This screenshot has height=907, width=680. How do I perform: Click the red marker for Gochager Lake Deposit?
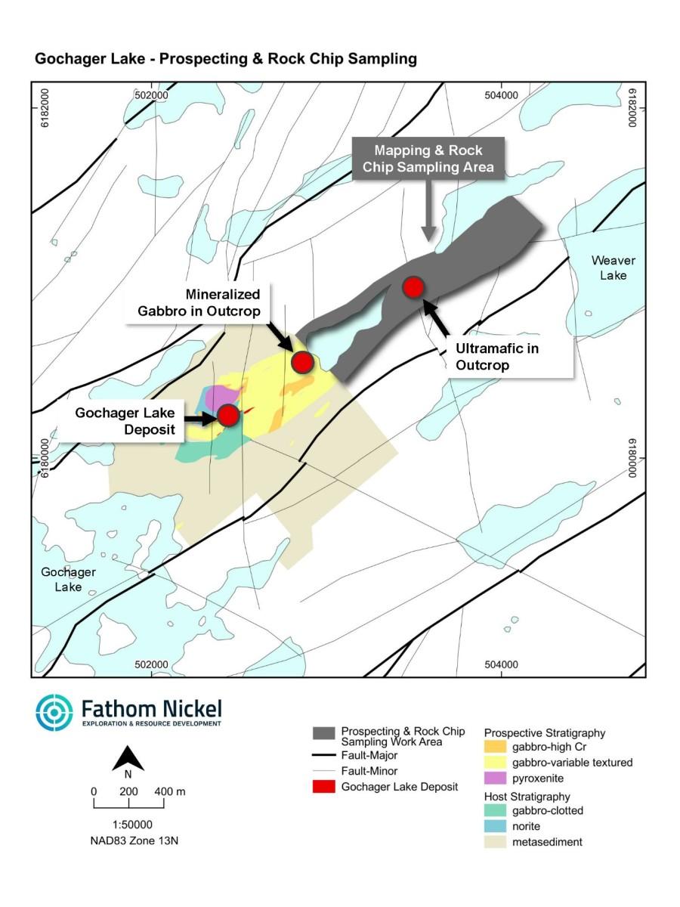pos(228,414)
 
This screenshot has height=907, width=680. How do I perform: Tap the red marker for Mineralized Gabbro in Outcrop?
pos(302,362)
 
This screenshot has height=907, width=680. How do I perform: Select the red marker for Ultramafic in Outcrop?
pos(413,287)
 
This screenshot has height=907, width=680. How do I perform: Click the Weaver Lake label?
pos(613,268)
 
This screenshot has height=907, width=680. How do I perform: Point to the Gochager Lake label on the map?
pos(68,579)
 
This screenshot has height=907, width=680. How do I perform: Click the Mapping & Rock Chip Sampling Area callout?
pos(428,159)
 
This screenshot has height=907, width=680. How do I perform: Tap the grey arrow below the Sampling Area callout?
pos(428,219)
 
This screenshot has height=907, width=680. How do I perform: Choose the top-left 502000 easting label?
pos(151,95)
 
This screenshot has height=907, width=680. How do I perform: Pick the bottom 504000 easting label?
pos(501,664)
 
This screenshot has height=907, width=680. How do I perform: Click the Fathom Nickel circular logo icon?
pos(54,713)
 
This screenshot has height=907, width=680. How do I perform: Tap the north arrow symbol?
pos(128,758)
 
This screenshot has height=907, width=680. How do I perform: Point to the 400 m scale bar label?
pos(171,791)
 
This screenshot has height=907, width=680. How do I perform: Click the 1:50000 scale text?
pos(128,825)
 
